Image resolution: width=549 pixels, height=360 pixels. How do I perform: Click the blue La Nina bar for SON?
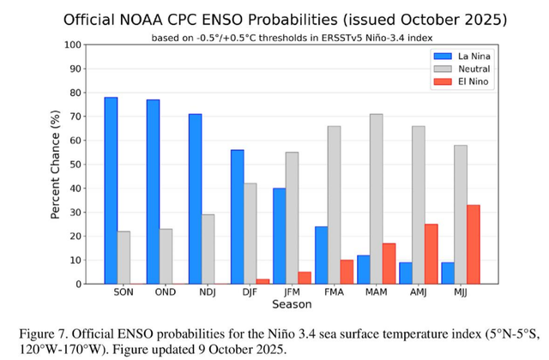111,190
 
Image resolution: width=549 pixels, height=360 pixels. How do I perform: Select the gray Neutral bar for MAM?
377,199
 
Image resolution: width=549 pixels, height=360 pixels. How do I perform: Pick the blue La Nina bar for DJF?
237,217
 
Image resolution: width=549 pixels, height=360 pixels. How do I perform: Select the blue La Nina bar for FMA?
321,255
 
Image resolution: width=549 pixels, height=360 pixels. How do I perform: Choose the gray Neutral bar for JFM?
293,218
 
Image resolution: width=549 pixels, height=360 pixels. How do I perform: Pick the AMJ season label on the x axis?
419,293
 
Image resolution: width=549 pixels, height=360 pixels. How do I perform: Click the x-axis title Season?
292,305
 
